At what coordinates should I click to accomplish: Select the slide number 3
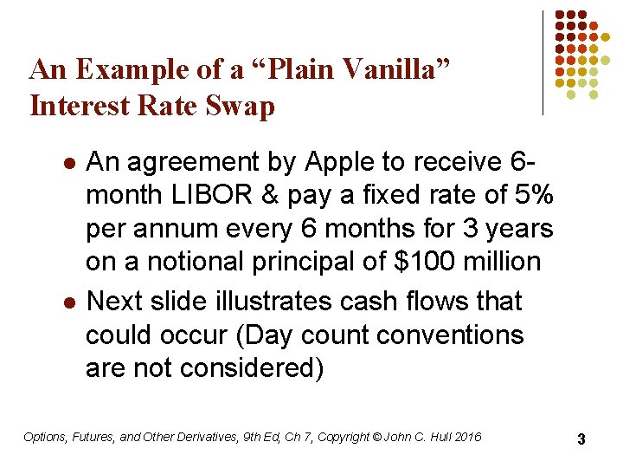click(581, 439)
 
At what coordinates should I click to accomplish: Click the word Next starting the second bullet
click(117, 301)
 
